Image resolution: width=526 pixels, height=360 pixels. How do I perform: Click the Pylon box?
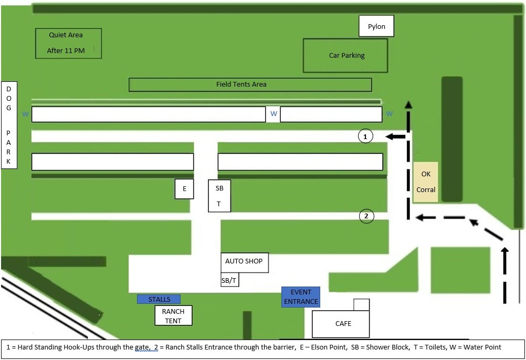[x=376, y=26]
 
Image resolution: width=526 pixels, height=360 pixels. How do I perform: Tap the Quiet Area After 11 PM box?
[x=68, y=43]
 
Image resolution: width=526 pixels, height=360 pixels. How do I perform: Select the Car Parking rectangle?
[x=345, y=55]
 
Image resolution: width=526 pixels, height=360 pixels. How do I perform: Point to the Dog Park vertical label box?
[x=9, y=125]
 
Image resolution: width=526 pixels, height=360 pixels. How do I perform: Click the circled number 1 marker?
[x=365, y=136]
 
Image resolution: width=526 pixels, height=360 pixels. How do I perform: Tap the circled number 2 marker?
[x=366, y=216]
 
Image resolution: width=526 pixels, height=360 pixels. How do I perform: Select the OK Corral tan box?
[x=425, y=182]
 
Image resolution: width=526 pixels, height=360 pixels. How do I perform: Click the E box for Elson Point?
[x=184, y=189]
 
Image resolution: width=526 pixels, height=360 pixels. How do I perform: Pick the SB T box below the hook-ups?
[x=219, y=196]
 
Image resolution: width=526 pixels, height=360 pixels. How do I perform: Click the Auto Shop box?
[x=244, y=261]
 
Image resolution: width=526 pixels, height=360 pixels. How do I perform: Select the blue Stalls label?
[x=159, y=299]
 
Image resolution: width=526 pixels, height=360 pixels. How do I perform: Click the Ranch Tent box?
[x=173, y=316]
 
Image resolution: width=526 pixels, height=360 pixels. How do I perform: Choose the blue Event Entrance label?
[x=300, y=297]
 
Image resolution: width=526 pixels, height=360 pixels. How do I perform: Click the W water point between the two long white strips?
[x=273, y=113]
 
